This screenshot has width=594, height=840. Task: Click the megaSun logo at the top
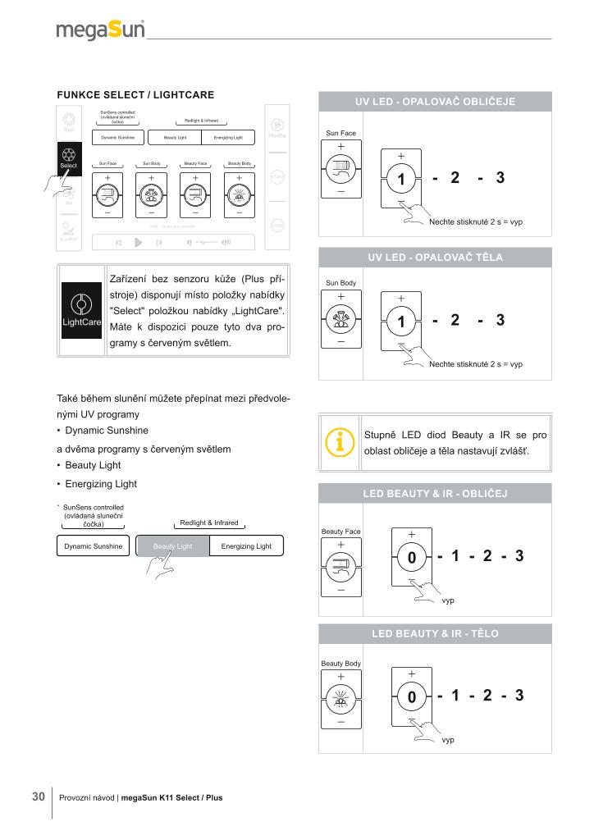tap(100, 31)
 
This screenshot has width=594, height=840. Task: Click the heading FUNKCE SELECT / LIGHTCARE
tap(135, 94)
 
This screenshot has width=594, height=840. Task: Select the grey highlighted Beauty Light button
tap(172, 546)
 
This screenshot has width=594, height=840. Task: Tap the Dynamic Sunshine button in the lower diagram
tap(93, 546)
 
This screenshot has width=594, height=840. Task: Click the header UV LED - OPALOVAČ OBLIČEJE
tap(435, 102)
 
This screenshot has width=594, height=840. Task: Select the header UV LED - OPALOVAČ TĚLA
tap(435, 257)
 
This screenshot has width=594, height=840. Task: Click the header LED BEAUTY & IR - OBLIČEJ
tap(435, 494)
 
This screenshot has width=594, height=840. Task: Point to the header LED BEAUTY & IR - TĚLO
tap(435, 634)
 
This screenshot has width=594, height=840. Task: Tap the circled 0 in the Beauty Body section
tap(412, 697)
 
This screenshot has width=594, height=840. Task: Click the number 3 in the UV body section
tap(500, 320)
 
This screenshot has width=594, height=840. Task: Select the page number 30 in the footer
tap(38, 797)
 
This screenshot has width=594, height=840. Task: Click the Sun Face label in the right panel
tap(340, 132)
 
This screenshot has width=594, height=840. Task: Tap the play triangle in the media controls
tap(139, 242)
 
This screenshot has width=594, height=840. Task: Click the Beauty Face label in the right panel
tap(340, 532)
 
